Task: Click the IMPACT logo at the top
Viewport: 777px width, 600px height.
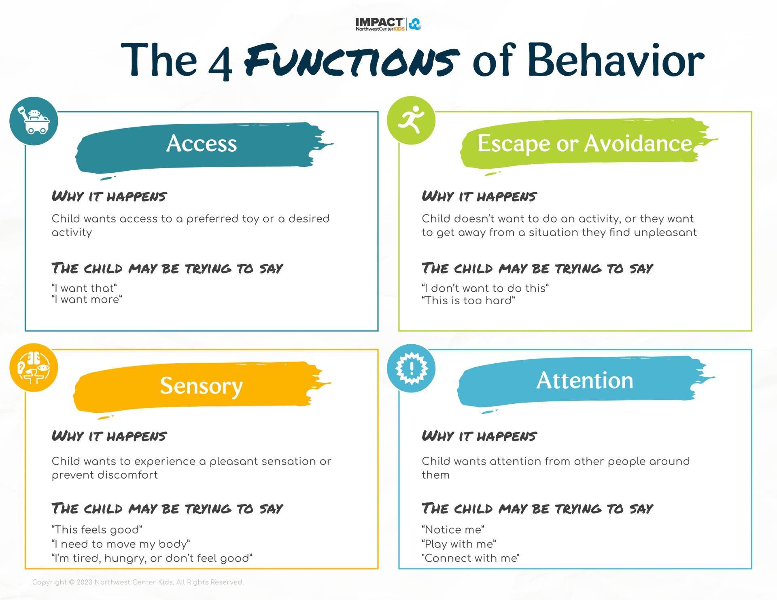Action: pyautogui.click(x=388, y=24)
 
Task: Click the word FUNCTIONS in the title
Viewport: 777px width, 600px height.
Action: pyautogui.click(x=352, y=61)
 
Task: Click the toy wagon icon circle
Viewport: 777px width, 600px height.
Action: pyautogui.click(x=34, y=121)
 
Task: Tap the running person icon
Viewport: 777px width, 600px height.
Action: pyautogui.click(x=411, y=120)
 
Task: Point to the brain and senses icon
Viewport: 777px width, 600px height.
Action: pyautogui.click(x=34, y=367)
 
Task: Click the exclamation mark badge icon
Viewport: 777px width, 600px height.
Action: pyautogui.click(x=411, y=368)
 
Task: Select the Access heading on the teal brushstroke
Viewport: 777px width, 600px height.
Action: pyautogui.click(x=202, y=144)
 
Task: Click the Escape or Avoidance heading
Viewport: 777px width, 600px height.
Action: pyautogui.click(x=584, y=144)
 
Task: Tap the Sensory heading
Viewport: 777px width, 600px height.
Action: pyautogui.click(x=202, y=386)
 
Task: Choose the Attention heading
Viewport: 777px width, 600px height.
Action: pyautogui.click(x=584, y=380)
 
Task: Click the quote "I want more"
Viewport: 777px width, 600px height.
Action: pyautogui.click(x=87, y=300)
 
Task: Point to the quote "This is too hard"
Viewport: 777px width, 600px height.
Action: pyautogui.click(x=468, y=301)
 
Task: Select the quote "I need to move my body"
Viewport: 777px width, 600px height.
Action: pyautogui.click(x=121, y=544)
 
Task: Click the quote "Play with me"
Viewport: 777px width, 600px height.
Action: pyautogui.click(x=459, y=544)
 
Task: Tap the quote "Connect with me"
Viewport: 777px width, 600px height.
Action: pyautogui.click(x=470, y=558)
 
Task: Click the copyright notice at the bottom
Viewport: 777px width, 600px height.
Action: pyautogui.click(x=138, y=582)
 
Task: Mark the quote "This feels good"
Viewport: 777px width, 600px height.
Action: pyautogui.click(x=97, y=530)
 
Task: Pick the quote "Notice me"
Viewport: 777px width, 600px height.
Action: pyautogui.click(x=453, y=530)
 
